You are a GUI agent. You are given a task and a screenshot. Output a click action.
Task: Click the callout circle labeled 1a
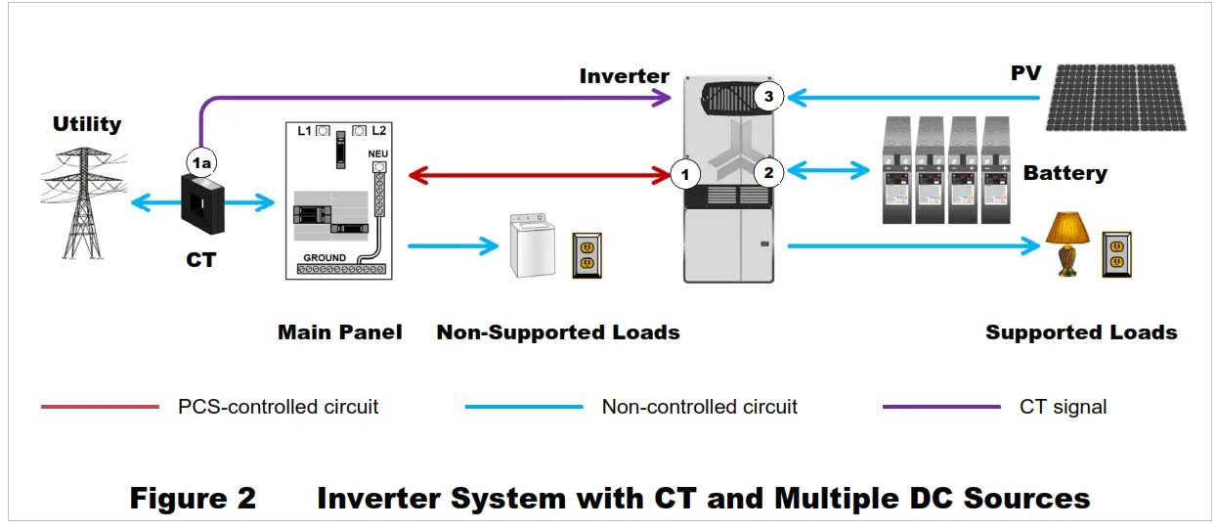pyautogui.click(x=200, y=163)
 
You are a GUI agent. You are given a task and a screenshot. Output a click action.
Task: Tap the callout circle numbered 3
pyautogui.click(x=768, y=97)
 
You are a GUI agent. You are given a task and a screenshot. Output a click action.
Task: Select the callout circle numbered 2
pyautogui.click(x=768, y=172)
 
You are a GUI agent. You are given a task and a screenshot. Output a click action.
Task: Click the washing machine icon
pyautogui.click(x=532, y=246)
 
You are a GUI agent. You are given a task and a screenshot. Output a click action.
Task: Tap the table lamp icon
pyautogui.click(x=1067, y=244)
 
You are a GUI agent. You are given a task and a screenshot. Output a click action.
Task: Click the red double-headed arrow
pyautogui.click(x=540, y=176)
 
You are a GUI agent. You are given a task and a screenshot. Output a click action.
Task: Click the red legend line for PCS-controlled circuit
pyautogui.click(x=100, y=407)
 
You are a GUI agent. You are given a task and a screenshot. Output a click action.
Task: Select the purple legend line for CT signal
pyautogui.click(x=941, y=407)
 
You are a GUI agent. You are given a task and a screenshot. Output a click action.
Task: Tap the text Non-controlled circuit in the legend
pyautogui.click(x=699, y=407)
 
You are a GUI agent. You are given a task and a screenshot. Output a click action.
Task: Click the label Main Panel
pyautogui.click(x=339, y=332)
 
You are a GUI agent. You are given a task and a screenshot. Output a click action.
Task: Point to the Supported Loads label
pyautogui.click(x=1080, y=332)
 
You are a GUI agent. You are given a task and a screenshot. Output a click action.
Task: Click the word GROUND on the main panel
pyautogui.click(x=324, y=258)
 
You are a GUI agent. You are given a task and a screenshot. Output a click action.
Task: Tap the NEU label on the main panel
pyautogui.click(x=377, y=154)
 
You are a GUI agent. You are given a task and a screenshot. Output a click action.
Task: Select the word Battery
pyautogui.click(x=1065, y=173)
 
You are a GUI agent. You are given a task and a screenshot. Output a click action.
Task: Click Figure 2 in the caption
pyautogui.click(x=193, y=499)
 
